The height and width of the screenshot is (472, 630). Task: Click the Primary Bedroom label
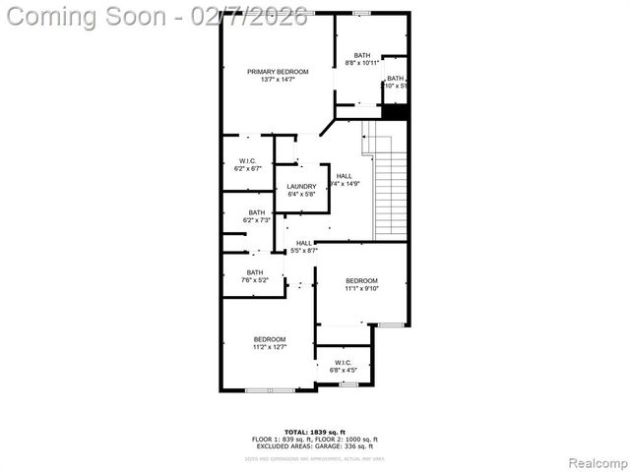[x=278, y=72]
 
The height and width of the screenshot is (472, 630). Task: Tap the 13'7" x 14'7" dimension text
[x=278, y=80]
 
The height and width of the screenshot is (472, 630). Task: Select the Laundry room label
[x=301, y=187]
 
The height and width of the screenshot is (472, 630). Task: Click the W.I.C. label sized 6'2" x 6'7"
[x=247, y=161]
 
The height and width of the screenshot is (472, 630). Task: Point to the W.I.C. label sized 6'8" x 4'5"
[x=344, y=363]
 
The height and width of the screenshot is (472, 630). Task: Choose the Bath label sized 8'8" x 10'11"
[x=362, y=55]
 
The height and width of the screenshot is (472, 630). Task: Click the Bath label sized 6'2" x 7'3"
[x=256, y=212]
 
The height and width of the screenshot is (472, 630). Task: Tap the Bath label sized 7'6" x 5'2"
[x=255, y=272]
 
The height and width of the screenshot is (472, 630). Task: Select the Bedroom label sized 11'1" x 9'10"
[x=361, y=281]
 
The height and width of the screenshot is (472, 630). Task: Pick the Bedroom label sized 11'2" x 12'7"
[x=269, y=339]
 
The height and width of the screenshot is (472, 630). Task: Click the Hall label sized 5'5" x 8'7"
[x=304, y=243]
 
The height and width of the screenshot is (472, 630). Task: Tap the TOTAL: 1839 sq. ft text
[x=314, y=432]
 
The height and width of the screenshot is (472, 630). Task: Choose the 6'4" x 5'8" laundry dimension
[x=301, y=195]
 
